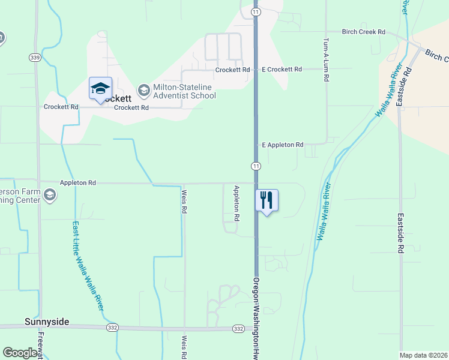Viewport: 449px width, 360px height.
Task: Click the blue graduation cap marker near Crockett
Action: (x=100, y=89)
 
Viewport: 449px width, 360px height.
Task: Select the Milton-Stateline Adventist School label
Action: (x=176, y=91)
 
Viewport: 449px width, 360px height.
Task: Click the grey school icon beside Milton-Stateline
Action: (x=143, y=91)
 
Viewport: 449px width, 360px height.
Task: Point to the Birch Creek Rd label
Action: (x=363, y=32)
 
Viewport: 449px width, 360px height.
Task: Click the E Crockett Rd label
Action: (x=282, y=70)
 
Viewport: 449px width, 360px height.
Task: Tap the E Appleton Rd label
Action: (x=283, y=145)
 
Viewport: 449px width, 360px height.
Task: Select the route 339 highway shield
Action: (x=34, y=58)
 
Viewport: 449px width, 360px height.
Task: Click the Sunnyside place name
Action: (x=47, y=322)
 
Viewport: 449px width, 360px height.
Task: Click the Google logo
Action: (x=20, y=353)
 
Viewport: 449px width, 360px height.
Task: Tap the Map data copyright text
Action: (x=424, y=355)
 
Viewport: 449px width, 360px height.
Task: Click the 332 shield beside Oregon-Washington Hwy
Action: (x=238, y=329)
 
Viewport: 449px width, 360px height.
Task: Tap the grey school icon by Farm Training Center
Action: (x=50, y=194)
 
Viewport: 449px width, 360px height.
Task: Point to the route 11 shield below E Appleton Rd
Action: (x=256, y=166)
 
